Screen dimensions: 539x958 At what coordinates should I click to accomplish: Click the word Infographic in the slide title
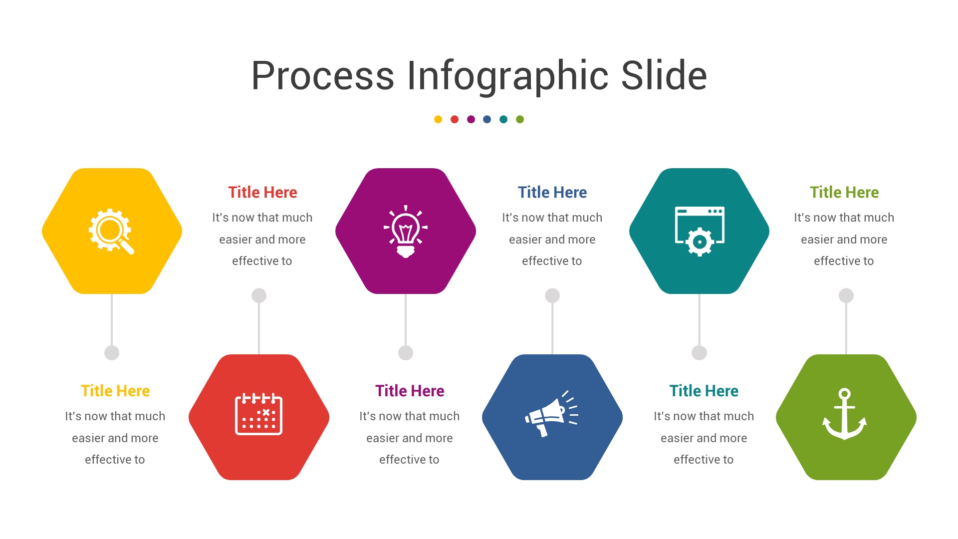point(508,76)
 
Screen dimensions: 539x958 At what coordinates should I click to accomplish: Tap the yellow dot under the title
point(438,119)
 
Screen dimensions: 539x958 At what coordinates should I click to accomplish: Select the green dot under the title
point(520,119)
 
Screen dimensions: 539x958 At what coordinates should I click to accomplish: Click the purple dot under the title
point(471,119)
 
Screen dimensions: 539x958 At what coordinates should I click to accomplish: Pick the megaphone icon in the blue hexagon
point(551,414)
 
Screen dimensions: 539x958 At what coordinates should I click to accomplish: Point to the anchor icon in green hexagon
point(844,414)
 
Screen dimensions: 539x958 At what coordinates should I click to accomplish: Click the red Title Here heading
point(262,192)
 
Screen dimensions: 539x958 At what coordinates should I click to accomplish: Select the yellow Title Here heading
point(115,391)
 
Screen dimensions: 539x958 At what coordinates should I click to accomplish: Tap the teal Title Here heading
point(704,391)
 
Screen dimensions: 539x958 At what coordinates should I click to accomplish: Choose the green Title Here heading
point(844,192)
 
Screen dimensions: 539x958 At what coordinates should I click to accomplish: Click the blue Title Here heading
point(552,192)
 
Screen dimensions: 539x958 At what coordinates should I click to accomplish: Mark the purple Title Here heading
point(410,391)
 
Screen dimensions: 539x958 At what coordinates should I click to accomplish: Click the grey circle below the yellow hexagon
point(112,353)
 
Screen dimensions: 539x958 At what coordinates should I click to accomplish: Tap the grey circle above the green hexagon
point(846,295)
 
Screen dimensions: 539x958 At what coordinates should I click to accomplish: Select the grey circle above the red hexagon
point(259,295)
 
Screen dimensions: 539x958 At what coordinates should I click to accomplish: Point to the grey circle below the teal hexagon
point(700,353)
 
